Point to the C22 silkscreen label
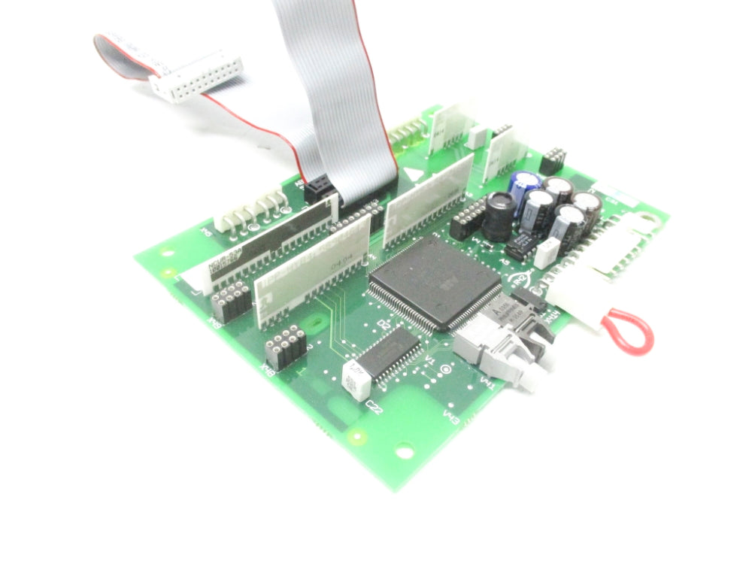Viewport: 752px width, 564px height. pyautogui.click(x=372, y=407)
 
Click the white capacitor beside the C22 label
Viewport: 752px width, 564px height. pyautogui.click(x=355, y=379)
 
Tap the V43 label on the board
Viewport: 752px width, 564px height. pyautogui.click(x=452, y=415)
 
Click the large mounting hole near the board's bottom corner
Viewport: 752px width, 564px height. pyautogui.click(x=405, y=453)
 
